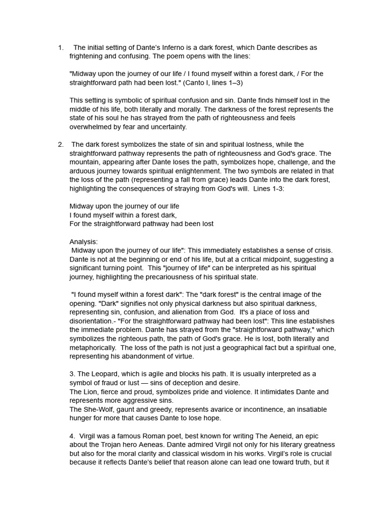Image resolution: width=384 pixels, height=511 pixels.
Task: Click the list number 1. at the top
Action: [60, 48]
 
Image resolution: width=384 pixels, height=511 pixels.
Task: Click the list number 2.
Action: [60, 145]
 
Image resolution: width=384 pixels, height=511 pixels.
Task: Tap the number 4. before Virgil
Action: [72, 436]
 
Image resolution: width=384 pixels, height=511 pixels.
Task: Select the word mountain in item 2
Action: [84, 162]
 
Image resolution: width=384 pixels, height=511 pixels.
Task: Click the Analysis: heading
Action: [83, 242]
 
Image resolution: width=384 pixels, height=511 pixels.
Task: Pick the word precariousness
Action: [185, 277]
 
